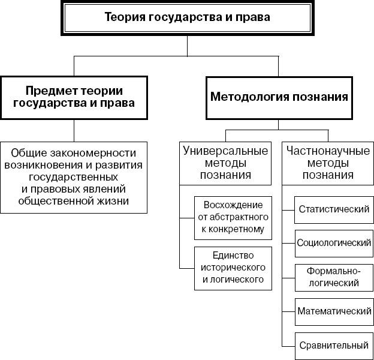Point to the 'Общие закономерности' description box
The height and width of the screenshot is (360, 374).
[x=74, y=177]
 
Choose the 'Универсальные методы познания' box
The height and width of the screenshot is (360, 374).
[x=225, y=163]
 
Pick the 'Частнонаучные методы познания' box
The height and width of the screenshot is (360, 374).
[x=327, y=163]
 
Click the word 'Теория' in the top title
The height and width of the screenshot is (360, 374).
[x=123, y=17]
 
